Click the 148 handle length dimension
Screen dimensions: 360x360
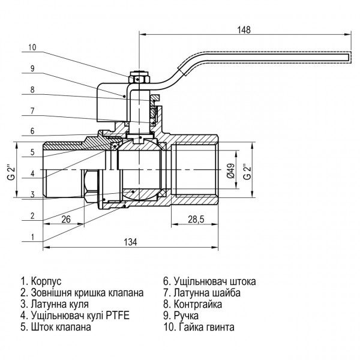point(244,29)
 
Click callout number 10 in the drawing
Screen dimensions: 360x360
point(32,47)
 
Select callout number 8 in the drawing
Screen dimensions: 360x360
point(32,90)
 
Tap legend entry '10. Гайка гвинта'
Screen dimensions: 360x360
point(199,328)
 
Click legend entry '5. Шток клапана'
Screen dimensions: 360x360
point(55,328)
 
